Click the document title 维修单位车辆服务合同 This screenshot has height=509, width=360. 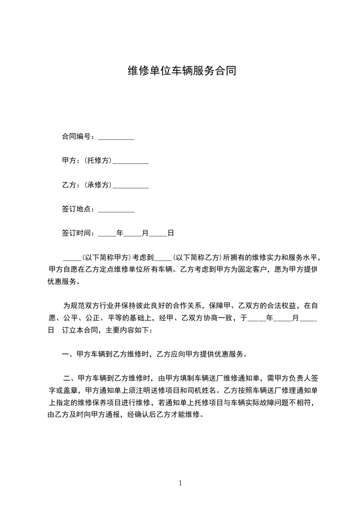(180, 71)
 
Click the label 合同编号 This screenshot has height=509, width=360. (77, 137)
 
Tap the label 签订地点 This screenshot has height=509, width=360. (77, 209)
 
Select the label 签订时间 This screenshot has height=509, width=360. (77, 233)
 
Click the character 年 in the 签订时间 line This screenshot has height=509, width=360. (120, 233)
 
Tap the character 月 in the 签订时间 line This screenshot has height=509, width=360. (145, 233)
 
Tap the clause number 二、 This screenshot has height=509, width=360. (70, 378)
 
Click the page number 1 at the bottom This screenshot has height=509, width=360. (180, 483)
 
